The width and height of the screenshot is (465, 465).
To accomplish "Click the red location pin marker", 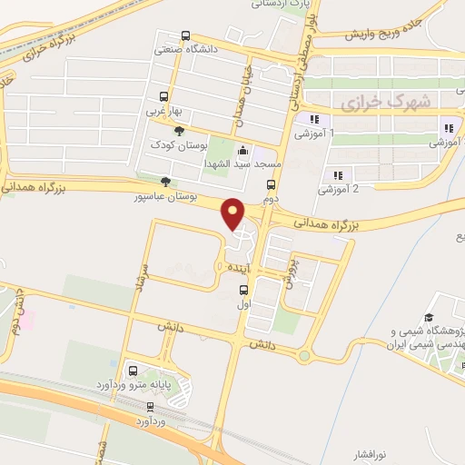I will coord(234,213).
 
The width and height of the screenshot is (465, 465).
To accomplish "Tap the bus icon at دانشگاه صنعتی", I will coord(186,36).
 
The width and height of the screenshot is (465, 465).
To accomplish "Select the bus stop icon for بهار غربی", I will coord(163,96).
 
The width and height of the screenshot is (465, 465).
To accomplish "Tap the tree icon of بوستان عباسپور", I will coord(163,181).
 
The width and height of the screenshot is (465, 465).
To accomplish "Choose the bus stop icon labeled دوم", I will coord(269,184).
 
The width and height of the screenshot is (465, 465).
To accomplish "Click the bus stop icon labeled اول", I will coord(242,291).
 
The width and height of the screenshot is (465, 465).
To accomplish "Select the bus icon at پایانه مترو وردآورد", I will coord(133,371).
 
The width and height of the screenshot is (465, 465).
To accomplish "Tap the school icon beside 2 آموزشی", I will coord(337,175).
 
